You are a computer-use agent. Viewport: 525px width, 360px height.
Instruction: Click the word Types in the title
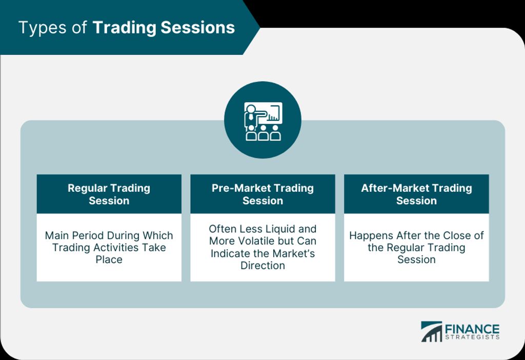43,28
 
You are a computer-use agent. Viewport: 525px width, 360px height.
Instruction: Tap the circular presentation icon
262,120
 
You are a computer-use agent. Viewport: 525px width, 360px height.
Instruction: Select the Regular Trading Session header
109,194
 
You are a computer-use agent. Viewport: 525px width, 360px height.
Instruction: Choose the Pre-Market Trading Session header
262,194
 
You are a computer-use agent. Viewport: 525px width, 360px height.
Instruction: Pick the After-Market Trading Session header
416,194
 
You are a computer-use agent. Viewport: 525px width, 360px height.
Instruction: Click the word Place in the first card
109,259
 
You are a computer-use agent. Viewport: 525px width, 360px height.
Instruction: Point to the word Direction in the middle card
263,266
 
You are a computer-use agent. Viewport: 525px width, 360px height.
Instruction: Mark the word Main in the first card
57,235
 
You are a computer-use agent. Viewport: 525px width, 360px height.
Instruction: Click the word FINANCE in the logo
472,329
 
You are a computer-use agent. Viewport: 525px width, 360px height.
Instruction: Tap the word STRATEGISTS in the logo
472,337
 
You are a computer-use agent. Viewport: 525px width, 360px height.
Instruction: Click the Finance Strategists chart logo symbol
432,331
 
